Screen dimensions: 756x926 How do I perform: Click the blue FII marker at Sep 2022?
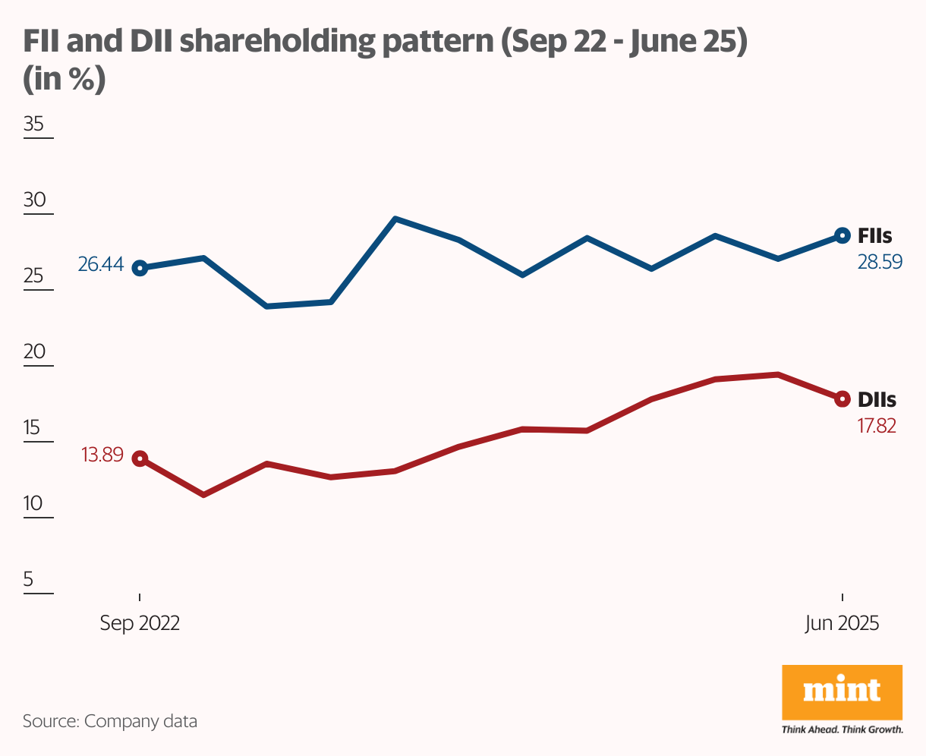(140, 268)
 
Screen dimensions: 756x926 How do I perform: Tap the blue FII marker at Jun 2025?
(842, 235)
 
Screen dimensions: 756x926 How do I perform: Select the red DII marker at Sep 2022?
(140, 458)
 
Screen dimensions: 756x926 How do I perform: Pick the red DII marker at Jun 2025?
(842, 398)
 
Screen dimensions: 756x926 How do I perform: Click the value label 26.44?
(100, 266)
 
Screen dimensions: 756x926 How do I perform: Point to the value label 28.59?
(879, 263)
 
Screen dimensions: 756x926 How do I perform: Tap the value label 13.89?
(102, 456)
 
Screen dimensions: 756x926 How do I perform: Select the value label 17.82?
(877, 426)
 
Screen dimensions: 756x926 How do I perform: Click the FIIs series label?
(874, 235)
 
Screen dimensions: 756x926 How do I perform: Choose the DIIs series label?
(877, 399)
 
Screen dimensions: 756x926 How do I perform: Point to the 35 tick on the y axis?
(34, 124)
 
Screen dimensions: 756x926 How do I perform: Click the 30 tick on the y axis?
(34, 200)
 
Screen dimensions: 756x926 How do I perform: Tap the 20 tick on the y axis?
(34, 352)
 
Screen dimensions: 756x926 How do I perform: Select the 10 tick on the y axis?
(34, 504)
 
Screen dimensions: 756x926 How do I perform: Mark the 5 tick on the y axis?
(29, 580)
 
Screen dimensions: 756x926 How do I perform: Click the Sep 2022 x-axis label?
(140, 623)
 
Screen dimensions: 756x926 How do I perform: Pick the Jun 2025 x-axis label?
(842, 623)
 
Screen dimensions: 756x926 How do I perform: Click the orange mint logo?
(842, 691)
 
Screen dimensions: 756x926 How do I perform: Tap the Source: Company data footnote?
(110, 721)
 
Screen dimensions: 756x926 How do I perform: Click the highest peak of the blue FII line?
(395, 219)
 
